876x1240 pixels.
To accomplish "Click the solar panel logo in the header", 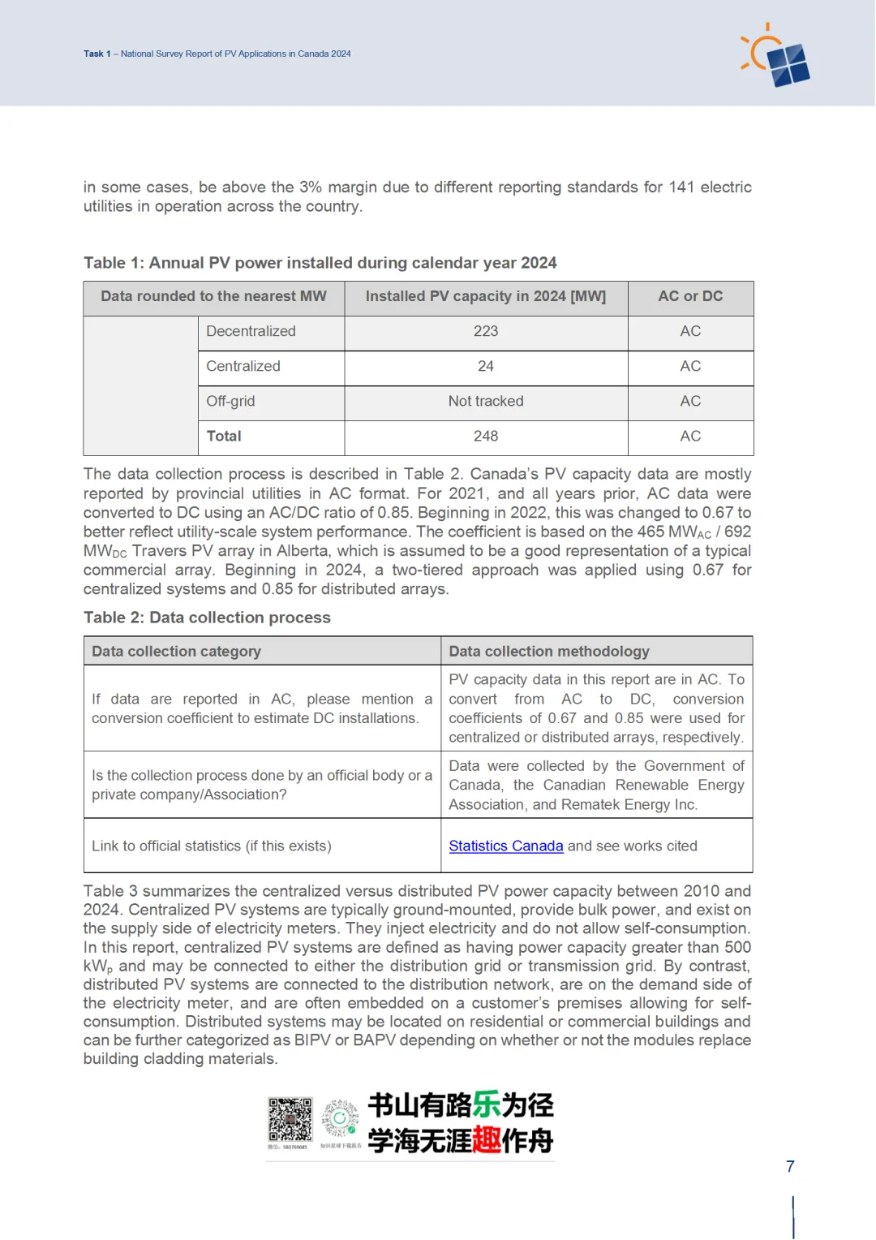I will [777, 57].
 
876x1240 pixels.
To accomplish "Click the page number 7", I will [790, 1166].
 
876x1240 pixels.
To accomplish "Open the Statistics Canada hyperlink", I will [505, 846].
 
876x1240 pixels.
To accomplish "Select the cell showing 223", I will [486, 331].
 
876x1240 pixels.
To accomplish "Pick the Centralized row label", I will [243, 366].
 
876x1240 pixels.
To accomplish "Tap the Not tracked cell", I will [486, 401].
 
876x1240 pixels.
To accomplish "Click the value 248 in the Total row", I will [486, 436].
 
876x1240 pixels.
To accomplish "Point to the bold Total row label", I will [224, 436].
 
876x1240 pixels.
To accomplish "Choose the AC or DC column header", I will [690, 296].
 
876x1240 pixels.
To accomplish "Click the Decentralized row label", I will [251, 331].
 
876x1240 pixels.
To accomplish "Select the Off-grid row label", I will [230, 401].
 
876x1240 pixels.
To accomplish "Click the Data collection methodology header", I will [549, 651].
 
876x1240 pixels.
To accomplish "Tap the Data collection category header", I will [176, 651].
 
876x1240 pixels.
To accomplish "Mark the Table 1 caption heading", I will [320, 263].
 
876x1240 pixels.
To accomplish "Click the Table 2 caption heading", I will [207, 618].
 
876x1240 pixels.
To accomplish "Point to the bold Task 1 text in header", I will [97, 54].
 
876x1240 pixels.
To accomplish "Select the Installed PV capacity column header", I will [485, 296].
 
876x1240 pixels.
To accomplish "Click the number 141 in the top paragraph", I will [681, 187].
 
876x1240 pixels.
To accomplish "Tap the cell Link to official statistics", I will [211, 846].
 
